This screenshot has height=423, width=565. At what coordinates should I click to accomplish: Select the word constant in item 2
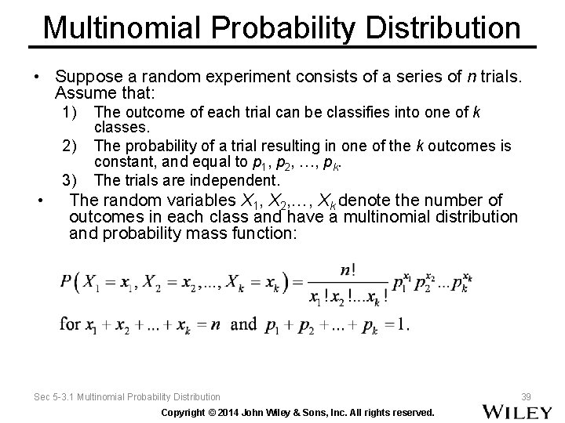pyautogui.click(x=122, y=162)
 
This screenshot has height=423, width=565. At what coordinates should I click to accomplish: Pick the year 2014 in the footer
pyautogui.click(x=235, y=412)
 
